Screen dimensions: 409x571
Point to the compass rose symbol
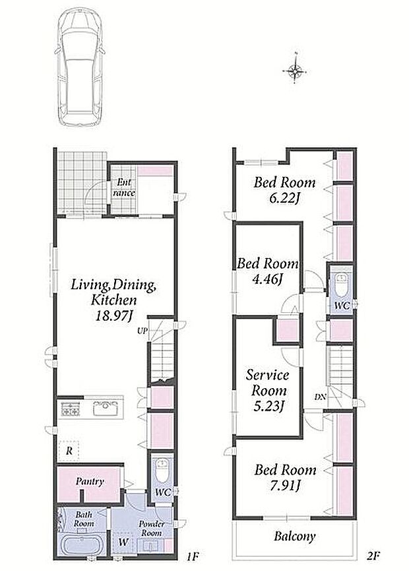tap(295, 70)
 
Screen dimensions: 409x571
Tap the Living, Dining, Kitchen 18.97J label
tap(114, 300)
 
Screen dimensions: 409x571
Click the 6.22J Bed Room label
tap(284, 190)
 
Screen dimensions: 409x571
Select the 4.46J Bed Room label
tap(268, 271)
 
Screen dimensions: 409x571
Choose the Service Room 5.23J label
tap(268, 390)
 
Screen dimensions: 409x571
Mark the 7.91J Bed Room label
tap(285, 477)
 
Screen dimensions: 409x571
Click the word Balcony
tap(295, 537)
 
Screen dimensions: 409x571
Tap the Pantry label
tap(90, 481)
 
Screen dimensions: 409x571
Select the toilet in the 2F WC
tap(341, 285)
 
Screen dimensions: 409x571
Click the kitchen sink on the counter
tap(106, 408)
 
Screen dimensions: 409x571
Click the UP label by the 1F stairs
tap(142, 331)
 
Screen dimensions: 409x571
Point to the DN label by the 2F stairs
tap(320, 397)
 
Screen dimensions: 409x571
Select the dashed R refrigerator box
tap(69, 451)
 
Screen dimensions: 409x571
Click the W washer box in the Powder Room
tap(124, 541)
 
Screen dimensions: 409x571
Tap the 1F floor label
tap(193, 556)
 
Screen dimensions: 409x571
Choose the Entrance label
tap(123, 187)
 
